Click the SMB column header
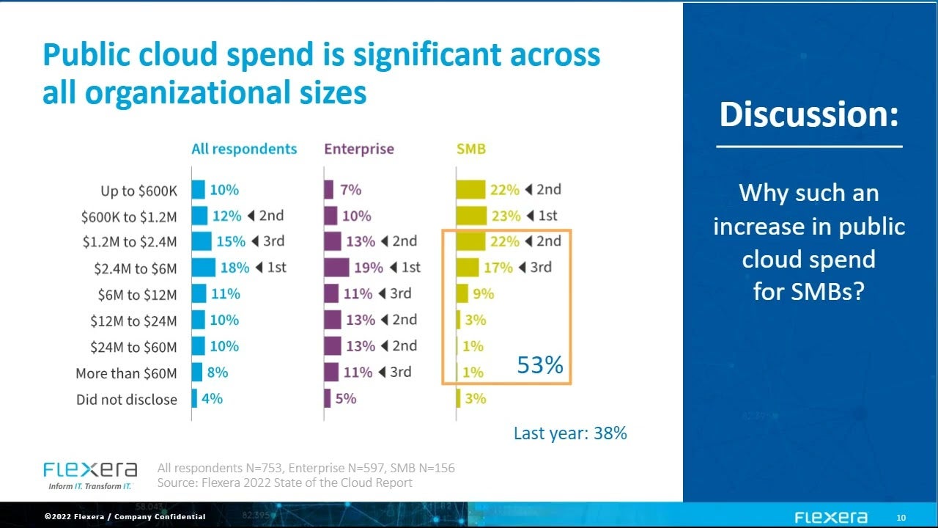point(470,150)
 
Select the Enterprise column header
point(359,150)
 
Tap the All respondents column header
point(244,150)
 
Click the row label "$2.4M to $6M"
point(136,268)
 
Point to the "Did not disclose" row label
point(127,400)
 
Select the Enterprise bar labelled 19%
point(336,268)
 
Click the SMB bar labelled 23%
point(470,216)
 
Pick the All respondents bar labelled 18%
point(204,268)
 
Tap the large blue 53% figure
point(540,364)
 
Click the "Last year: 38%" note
point(570,433)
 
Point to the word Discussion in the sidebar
point(809,115)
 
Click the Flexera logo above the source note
point(90,470)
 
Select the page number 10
point(901,518)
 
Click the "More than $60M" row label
point(126,373)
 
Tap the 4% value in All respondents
point(212,399)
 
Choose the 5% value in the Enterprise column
point(345,399)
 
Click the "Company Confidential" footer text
point(161,517)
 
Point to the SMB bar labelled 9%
point(462,294)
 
